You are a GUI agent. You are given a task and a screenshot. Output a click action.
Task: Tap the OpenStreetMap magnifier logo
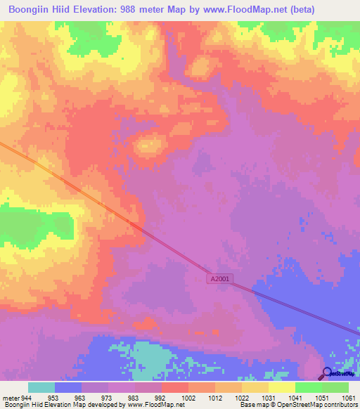[x=328, y=374]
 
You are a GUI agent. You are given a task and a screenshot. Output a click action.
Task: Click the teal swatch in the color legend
[x=41, y=387]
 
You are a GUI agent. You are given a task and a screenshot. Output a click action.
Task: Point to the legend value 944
[x=26, y=398]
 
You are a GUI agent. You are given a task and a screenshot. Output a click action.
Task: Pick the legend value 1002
[x=188, y=398]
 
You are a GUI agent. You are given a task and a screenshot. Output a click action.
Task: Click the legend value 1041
[x=295, y=398]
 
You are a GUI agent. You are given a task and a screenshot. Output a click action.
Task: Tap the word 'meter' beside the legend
[x=10, y=398]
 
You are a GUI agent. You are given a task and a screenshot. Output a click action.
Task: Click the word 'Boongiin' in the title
[x=30, y=10]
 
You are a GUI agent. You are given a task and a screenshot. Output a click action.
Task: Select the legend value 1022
[x=242, y=398]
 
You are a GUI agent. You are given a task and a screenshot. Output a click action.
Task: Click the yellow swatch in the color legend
[x=281, y=387]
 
